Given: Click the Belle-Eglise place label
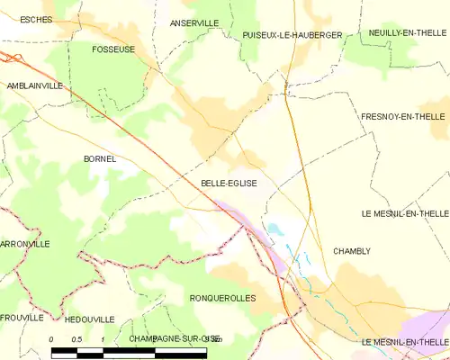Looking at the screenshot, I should (x=229, y=183).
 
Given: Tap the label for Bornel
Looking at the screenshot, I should (x=99, y=158).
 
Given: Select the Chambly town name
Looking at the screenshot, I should (x=351, y=251).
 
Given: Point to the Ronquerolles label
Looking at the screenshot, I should (x=223, y=298).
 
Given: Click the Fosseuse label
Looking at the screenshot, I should (x=113, y=49).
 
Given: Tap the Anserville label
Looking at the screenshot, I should (x=193, y=22).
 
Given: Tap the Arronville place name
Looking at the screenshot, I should (x=24, y=244).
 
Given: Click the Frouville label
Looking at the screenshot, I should (x=22, y=318).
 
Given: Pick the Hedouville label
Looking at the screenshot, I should (x=90, y=319).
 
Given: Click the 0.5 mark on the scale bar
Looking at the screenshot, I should (x=77, y=338).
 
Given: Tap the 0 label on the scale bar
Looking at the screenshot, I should (x=51, y=338).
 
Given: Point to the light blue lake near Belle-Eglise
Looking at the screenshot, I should (x=275, y=229).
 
